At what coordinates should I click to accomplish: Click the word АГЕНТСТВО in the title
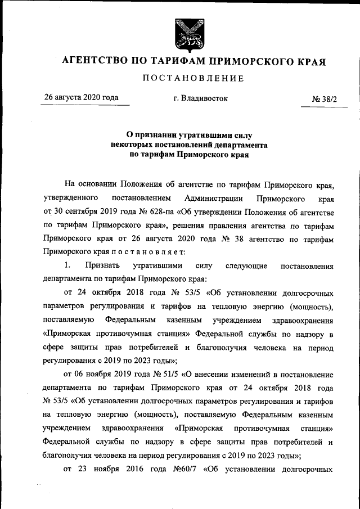coord(92,60)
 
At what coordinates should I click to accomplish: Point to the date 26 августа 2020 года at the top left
coord(82,98)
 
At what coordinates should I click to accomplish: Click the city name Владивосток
coord(201,98)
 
